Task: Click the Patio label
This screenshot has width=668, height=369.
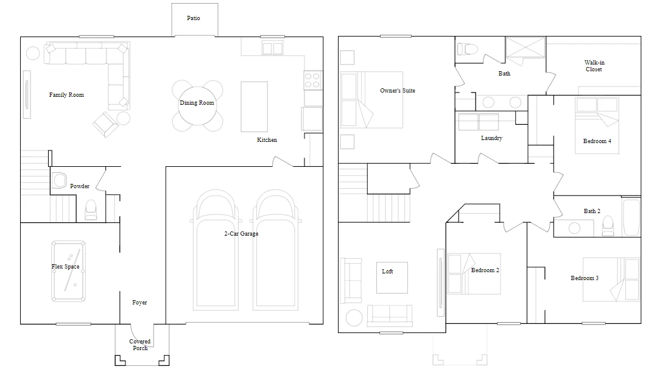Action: pos(194,18)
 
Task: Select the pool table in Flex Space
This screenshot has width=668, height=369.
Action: pos(68,271)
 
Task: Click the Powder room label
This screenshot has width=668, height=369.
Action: pos(80,186)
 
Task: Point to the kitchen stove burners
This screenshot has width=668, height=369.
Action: pos(312,80)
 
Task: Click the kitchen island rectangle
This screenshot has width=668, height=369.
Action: pos(255,107)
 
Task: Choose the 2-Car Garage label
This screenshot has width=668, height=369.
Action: pos(241,233)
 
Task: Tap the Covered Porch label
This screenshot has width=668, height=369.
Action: pos(139,345)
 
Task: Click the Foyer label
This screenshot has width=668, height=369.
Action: pos(139,303)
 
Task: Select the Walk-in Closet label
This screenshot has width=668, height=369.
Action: pos(594,66)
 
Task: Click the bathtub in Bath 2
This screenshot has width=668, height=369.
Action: pos(631,217)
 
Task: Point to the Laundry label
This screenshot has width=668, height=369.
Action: pos(491,138)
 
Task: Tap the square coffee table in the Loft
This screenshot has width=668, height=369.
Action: pos(392,278)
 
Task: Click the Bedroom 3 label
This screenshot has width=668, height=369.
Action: pos(585,278)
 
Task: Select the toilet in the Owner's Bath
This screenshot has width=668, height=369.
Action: pos(467,49)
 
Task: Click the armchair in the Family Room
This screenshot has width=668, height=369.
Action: pos(106,124)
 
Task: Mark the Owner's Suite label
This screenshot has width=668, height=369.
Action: pos(398,90)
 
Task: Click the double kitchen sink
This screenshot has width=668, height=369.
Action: pos(273,48)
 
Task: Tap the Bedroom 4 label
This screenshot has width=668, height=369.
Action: pos(597,141)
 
